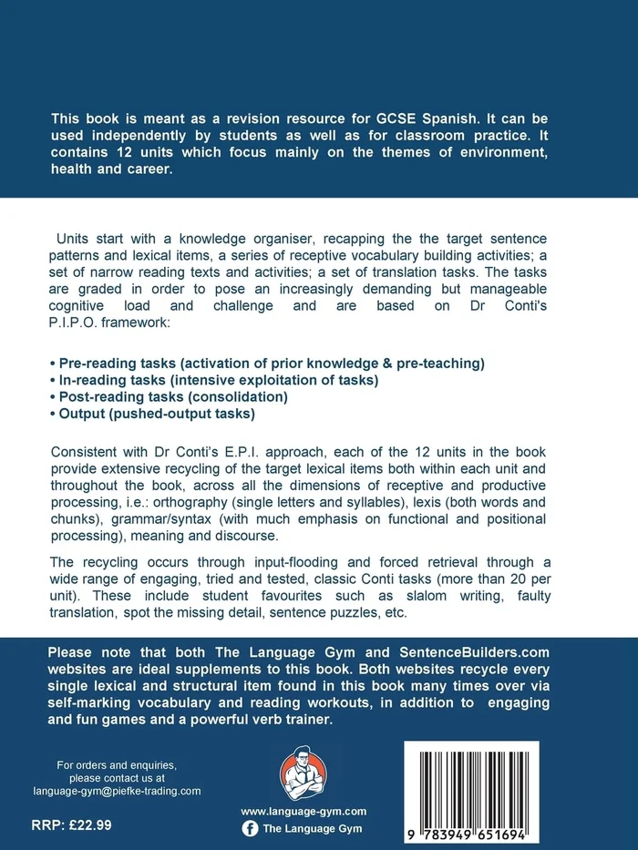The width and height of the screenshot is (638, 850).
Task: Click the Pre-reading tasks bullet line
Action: [x=265, y=363]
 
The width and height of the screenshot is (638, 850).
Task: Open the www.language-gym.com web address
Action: [x=304, y=811]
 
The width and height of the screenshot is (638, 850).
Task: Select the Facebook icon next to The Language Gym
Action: [x=250, y=829]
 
